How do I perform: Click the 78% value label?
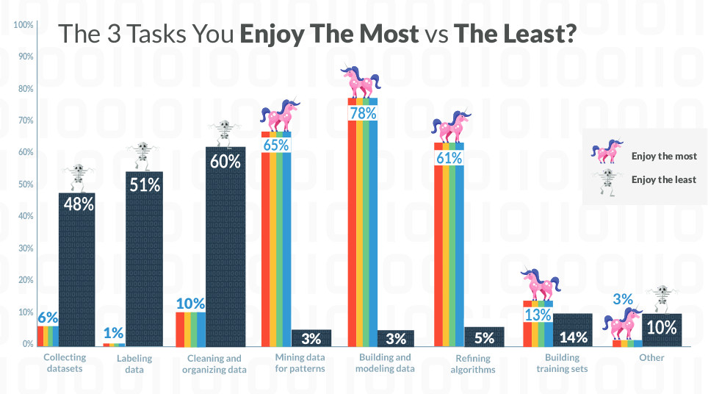click(363, 113)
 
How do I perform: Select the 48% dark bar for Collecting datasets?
click(77, 272)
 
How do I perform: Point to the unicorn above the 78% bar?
click(361, 81)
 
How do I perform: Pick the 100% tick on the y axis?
click(24, 25)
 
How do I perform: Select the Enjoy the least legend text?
click(664, 179)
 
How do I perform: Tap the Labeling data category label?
click(135, 364)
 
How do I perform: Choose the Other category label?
click(651, 358)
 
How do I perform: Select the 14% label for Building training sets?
click(573, 337)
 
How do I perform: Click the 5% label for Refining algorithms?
click(484, 338)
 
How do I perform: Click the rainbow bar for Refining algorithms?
click(449, 250)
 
